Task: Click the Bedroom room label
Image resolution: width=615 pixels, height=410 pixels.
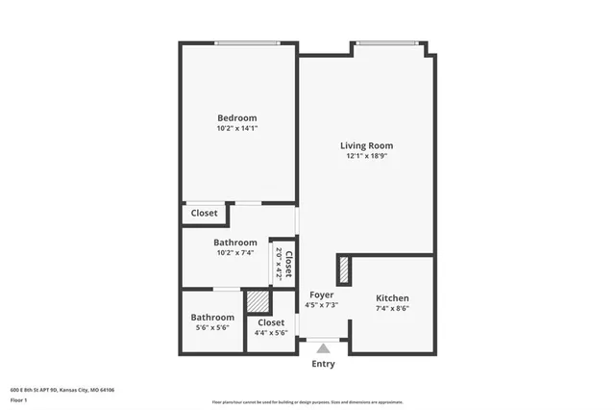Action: point(236,117)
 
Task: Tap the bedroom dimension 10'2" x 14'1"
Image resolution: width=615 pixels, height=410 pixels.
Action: point(236,128)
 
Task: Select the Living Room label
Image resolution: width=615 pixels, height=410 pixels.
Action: point(366,146)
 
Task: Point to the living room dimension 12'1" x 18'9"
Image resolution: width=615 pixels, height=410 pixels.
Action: point(366,157)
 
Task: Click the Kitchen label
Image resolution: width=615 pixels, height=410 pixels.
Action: point(392,298)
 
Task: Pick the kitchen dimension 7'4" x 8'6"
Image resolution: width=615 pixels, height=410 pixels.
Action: point(392,309)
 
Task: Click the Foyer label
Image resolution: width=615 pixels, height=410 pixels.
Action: point(321,295)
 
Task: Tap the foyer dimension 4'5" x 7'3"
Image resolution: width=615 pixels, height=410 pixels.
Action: point(321,305)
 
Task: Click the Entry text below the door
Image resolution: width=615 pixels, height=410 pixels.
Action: point(324,365)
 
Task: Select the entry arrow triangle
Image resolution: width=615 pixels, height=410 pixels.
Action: point(324,348)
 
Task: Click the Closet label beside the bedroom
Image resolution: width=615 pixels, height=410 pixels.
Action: point(204,214)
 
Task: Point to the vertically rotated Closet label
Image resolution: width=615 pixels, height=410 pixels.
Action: point(287,263)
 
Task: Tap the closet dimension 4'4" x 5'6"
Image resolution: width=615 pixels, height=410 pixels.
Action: point(270,333)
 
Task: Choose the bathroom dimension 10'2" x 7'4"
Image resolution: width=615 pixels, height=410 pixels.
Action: point(235,253)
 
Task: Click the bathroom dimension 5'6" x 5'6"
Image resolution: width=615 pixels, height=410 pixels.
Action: point(211,327)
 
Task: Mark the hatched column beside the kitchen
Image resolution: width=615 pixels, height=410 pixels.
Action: point(342,270)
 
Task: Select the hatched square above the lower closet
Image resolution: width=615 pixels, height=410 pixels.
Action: point(258,301)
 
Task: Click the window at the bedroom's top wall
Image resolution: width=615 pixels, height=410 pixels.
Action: point(247,42)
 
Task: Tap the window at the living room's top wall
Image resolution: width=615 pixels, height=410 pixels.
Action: point(386,42)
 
